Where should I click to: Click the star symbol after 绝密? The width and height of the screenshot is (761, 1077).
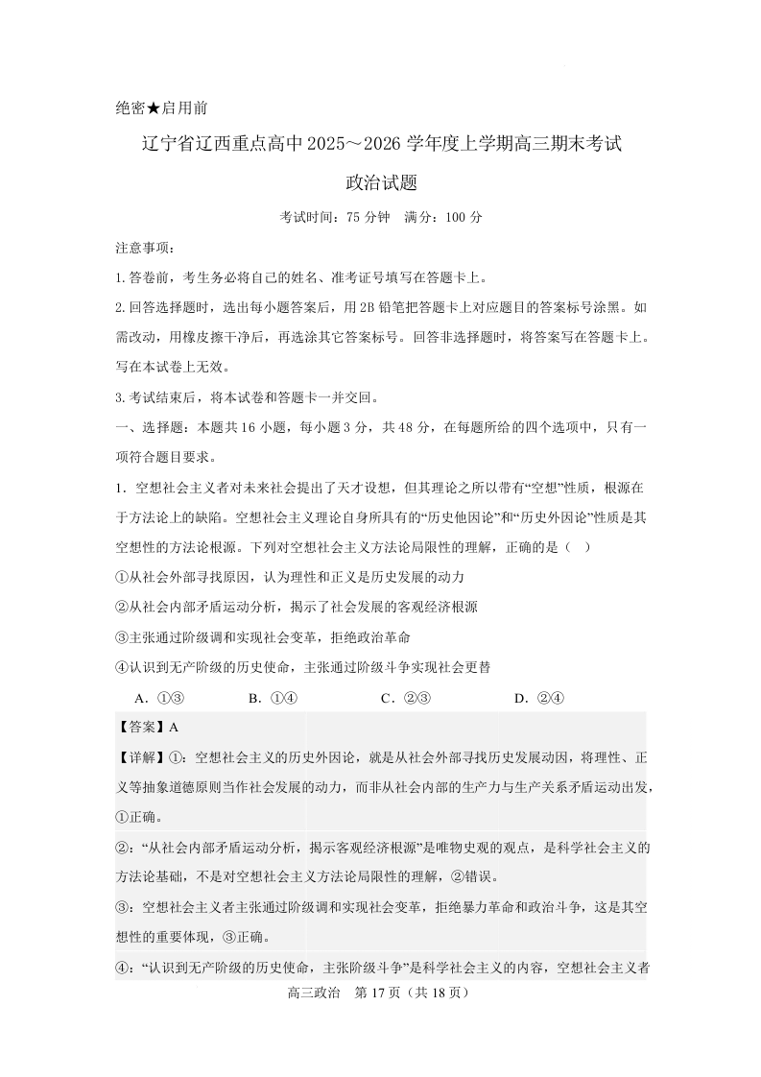[155, 109]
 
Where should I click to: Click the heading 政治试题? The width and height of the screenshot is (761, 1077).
[381, 182]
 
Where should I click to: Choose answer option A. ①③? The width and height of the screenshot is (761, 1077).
[159, 698]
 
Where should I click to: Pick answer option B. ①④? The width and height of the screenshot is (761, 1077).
[273, 698]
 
